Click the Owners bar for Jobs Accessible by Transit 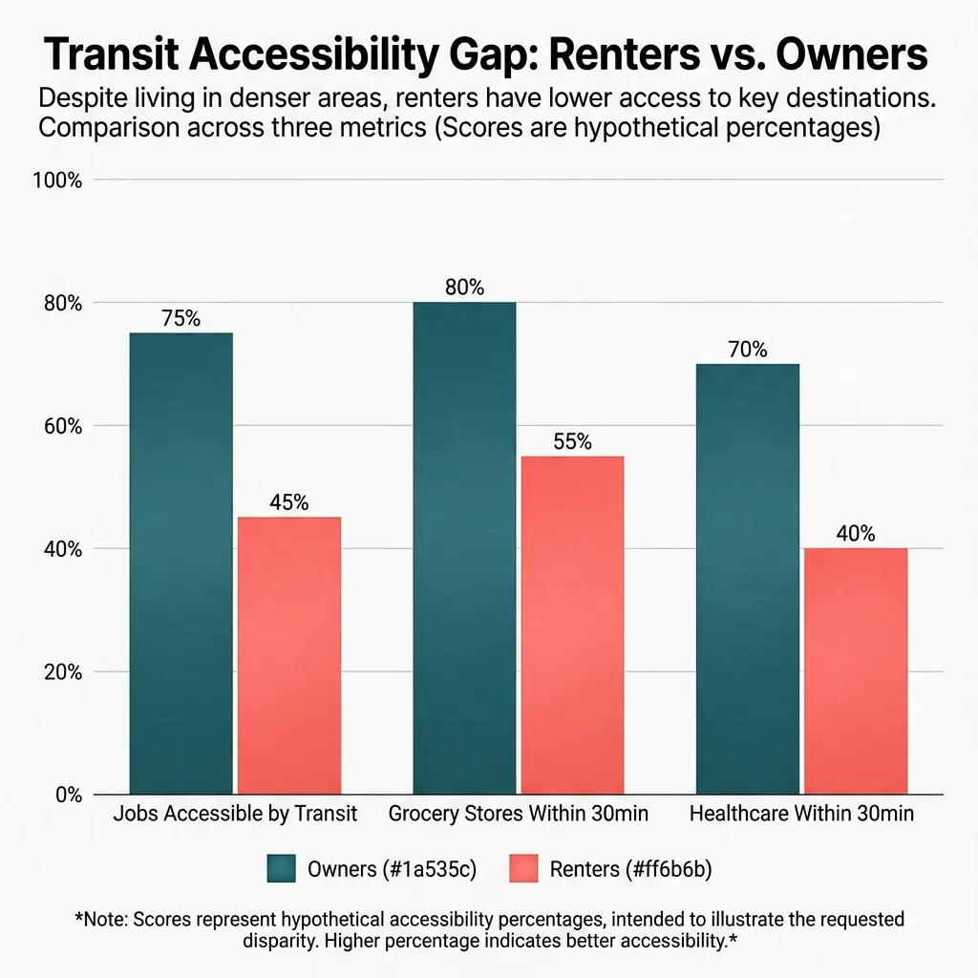click(181, 563)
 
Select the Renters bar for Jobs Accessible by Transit click(288, 655)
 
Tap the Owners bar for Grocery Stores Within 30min click(464, 547)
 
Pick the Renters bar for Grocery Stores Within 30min click(571, 625)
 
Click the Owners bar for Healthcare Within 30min click(747, 578)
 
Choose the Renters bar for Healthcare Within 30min click(855, 670)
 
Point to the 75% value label click(181, 320)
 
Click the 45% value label click(288, 503)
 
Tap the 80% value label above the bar click(464, 287)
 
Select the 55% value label click(571, 442)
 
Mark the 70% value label click(747, 350)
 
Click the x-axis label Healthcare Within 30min click(801, 815)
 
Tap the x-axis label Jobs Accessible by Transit click(235, 815)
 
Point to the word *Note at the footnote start click(101, 920)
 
